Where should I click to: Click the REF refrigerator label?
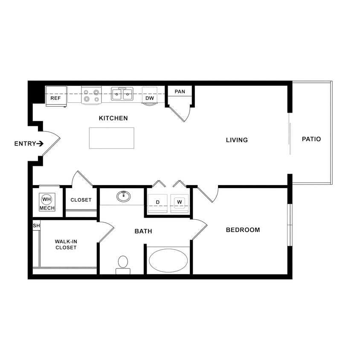coord(55,98)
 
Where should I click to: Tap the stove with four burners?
coord(91,95)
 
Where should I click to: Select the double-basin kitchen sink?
coord(122,94)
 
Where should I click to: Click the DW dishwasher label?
coord(149,98)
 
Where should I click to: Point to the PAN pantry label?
coord(180,92)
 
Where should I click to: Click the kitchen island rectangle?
coord(111,138)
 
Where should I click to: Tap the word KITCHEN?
coord(113,118)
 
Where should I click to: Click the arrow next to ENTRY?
coord(40,144)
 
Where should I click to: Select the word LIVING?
coord(237,140)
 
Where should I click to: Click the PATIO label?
coord(311,139)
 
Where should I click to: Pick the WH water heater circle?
coord(46,199)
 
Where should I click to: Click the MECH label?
coord(46,208)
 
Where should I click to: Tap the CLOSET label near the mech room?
coord(81,200)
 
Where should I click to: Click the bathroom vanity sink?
coord(124,196)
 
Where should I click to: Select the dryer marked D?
coord(157,202)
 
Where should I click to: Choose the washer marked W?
coord(180,202)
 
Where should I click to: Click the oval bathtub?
coord(168,260)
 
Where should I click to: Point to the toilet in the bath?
coord(123,264)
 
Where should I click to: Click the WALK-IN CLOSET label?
coord(66,244)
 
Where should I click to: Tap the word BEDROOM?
coord(243,230)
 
